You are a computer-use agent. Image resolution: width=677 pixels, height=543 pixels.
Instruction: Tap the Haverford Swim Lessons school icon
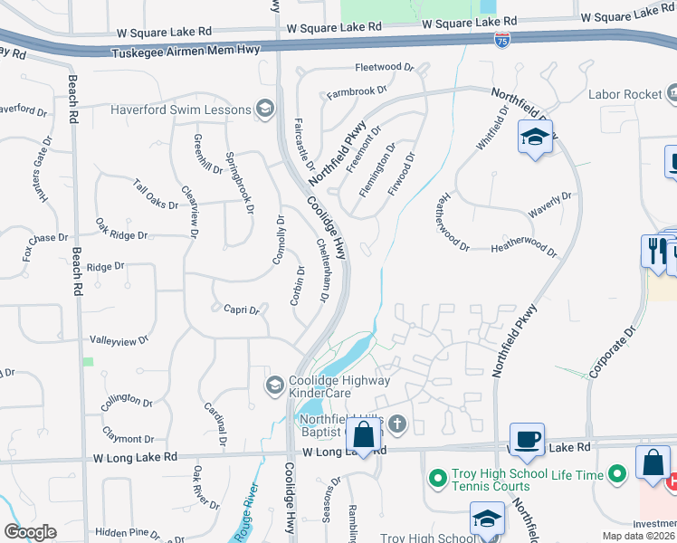pos(265,110)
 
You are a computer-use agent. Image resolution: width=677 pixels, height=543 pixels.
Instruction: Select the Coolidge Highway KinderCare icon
pos(274,386)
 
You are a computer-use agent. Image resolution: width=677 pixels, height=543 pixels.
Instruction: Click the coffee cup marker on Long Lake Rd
pos(527,441)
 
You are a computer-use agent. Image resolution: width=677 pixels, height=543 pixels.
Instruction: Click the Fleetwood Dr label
pos(384,67)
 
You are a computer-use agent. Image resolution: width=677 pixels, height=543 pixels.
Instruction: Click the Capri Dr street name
pos(242,310)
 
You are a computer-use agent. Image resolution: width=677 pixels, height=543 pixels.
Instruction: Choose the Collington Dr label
pos(128,399)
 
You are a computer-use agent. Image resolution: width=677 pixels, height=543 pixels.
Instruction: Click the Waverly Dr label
pos(551,205)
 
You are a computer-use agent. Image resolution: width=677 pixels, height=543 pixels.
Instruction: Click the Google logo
pos(30,532)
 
